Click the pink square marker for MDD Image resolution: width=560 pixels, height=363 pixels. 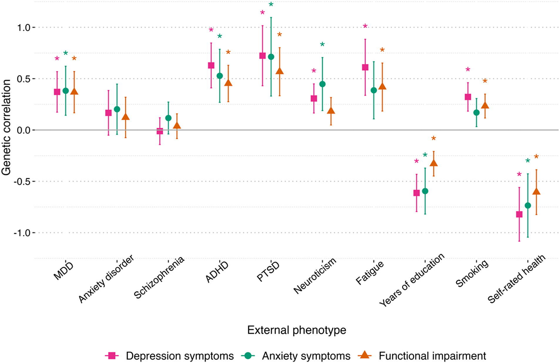[57, 92]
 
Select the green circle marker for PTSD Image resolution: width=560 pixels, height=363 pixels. [271, 57]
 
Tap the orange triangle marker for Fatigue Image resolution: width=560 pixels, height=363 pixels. [382, 86]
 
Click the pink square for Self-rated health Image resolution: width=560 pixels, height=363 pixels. [519, 214]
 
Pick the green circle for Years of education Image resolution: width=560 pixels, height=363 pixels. [425, 191]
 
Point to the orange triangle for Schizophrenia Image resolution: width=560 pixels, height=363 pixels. [177, 126]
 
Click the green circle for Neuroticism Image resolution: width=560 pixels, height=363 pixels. [322, 84]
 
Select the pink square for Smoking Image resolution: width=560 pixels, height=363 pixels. [468, 97]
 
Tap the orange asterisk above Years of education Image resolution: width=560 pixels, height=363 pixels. [433, 138]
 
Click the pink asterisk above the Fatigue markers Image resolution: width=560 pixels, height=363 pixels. [365, 26]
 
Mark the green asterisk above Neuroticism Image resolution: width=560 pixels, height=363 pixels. [322, 45]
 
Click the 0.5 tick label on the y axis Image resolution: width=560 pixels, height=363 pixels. [24, 79]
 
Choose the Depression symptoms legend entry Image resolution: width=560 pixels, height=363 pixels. [179, 356]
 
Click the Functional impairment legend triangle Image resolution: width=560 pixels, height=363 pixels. [365, 355]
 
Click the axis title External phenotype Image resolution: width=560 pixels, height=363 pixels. [297, 330]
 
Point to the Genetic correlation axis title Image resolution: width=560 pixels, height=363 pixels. [6, 127]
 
